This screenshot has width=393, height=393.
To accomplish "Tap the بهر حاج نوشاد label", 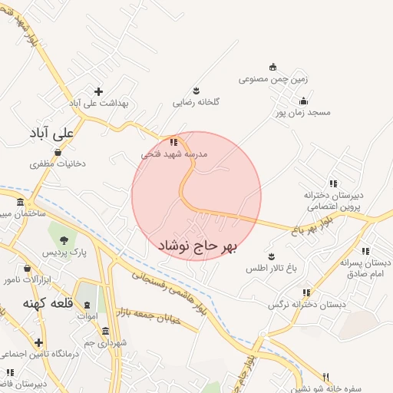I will click(198, 246).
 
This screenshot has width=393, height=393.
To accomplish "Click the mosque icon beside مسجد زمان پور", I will click(304, 101).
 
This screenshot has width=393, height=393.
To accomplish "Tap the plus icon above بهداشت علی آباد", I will click(98, 91).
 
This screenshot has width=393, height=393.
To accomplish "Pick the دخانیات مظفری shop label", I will click(58, 163).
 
